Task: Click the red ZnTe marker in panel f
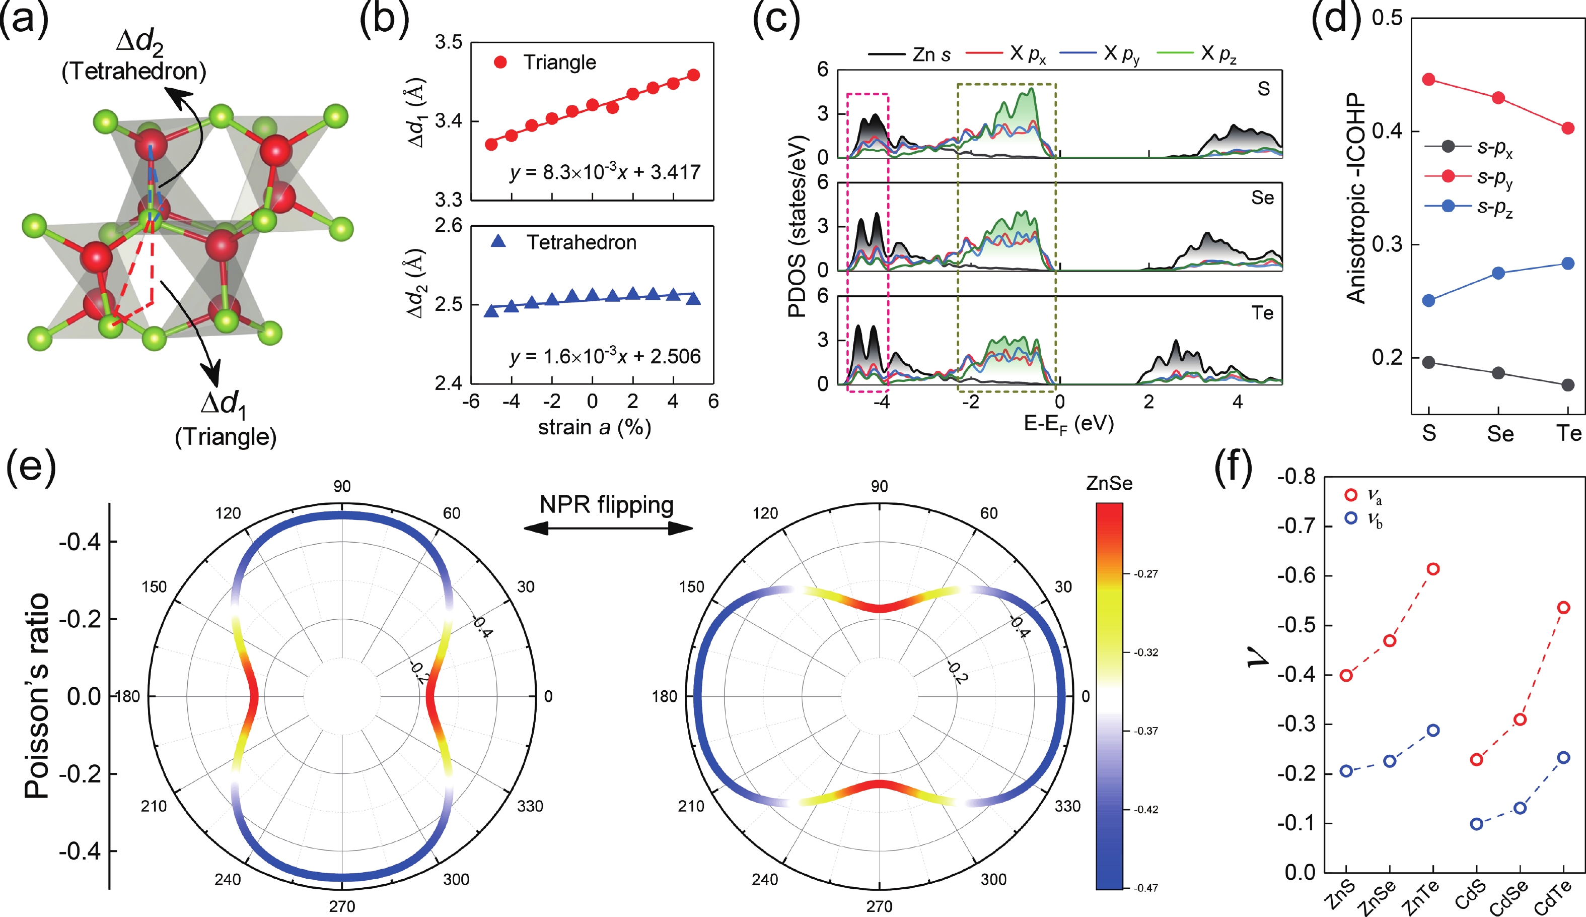point(1433,569)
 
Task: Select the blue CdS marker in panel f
point(1476,824)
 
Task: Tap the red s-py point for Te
point(1568,128)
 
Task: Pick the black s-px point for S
point(1429,362)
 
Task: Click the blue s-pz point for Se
point(1498,273)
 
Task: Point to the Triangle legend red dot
point(500,62)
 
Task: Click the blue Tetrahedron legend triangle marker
point(498,241)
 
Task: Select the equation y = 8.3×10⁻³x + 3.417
point(605,171)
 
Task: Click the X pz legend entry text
point(1218,54)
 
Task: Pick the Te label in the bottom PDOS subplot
point(1262,313)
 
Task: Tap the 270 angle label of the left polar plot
point(342,906)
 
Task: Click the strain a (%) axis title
point(594,428)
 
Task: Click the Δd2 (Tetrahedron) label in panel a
point(134,56)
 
